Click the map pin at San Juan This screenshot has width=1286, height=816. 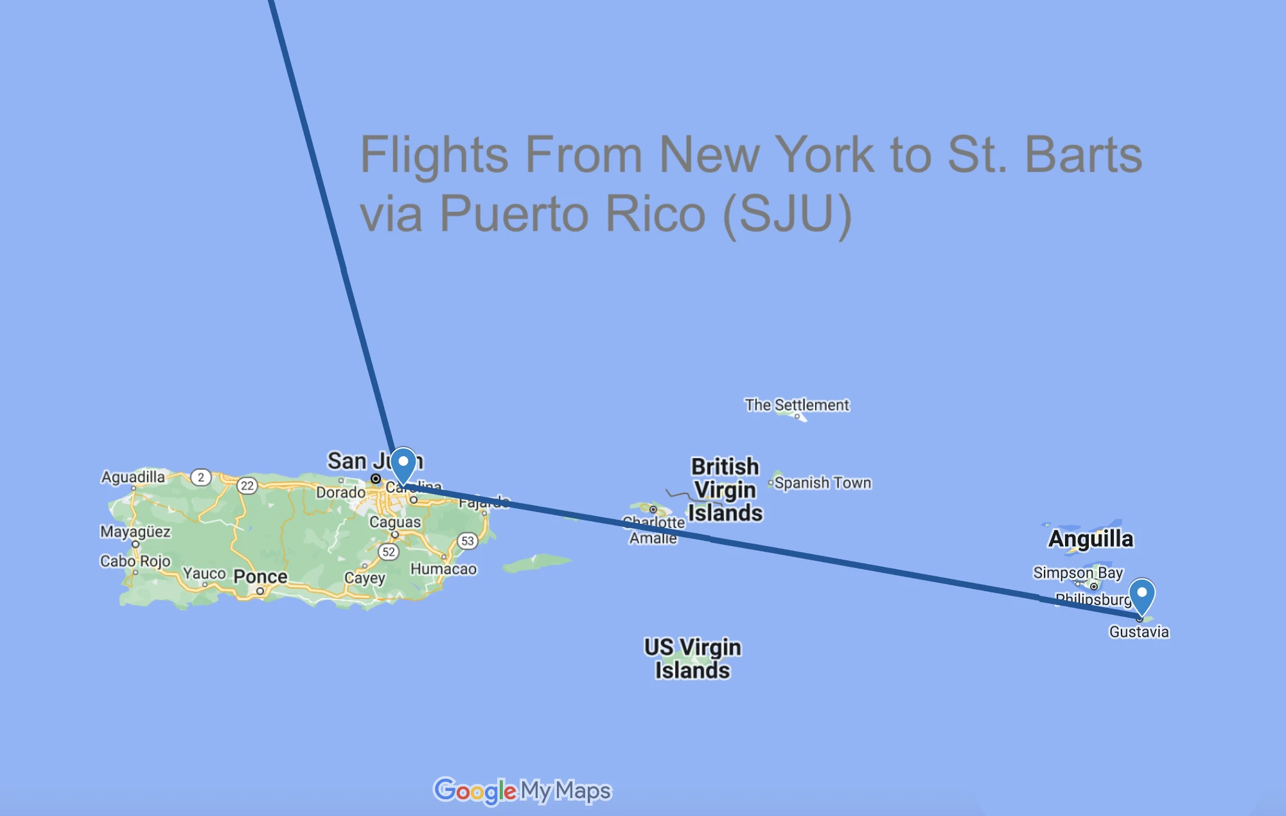403,464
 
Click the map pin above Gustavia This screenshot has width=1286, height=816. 1142,595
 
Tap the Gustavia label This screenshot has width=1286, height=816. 1139,632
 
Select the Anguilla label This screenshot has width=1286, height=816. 1091,539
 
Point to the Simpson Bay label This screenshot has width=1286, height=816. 1078,572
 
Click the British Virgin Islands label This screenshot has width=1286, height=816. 725,490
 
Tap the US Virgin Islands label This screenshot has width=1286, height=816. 692,659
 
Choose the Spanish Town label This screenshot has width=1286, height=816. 823,483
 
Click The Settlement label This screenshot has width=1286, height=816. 797,405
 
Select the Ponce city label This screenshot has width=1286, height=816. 260,576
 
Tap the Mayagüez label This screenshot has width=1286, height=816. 136,531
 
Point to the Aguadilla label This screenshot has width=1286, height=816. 133,477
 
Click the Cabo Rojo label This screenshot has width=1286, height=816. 136,561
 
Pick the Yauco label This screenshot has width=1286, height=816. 204,573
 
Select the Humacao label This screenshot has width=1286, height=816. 444,569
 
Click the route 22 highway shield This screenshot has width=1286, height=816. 247,486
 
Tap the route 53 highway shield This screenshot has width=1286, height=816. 468,541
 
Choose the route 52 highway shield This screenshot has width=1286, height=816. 389,552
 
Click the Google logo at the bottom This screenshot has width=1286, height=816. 475,791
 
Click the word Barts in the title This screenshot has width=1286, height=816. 1083,155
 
